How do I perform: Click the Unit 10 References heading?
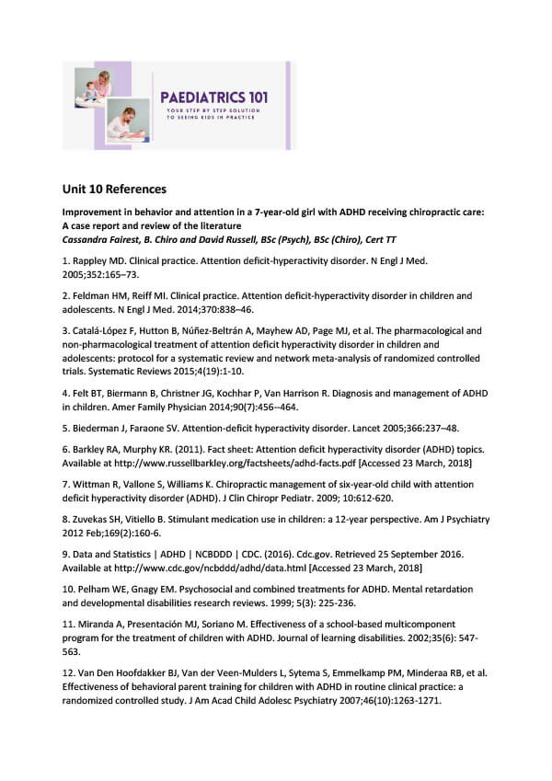click(114, 190)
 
